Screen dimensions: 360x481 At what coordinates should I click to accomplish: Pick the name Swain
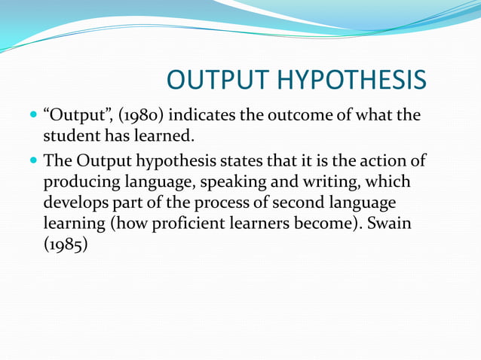(394, 224)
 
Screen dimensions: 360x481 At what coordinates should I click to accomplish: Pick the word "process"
(225, 203)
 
